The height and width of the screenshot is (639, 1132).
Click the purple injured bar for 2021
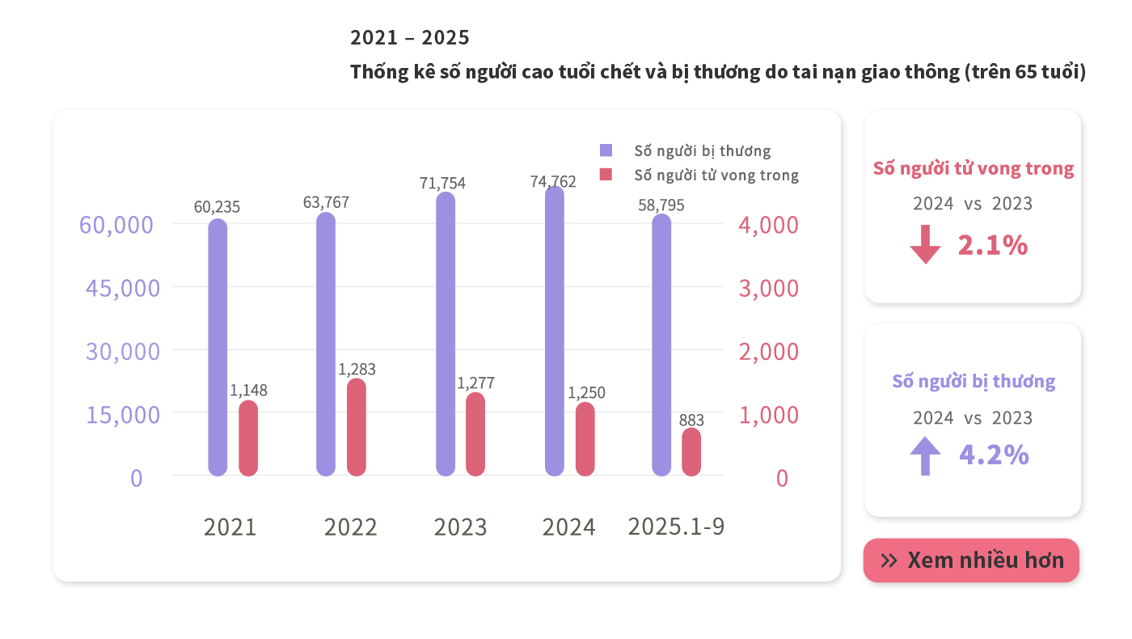(x=218, y=348)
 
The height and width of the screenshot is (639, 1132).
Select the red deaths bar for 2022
(x=357, y=427)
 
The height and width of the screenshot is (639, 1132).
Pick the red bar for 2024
(x=585, y=439)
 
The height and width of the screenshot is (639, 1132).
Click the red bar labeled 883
(x=691, y=452)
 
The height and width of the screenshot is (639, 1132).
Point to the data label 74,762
(x=553, y=182)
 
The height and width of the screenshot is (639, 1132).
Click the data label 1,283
(x=357, y=370)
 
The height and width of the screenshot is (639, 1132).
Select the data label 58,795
(x=661, y=205)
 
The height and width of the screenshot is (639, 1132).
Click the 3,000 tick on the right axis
(x=768, y=288)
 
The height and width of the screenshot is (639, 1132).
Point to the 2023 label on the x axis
(x=460, y=527)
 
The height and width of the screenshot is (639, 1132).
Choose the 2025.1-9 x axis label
(x=676, y=527)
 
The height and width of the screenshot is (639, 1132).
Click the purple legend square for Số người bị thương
(x=606, y=150)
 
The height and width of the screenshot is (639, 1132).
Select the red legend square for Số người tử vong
(x=606, y=174)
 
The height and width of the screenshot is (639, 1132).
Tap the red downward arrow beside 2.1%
(x=925, y=244)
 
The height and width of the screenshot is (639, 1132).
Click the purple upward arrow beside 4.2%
(x=925, y=455)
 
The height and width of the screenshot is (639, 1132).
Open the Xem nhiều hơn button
(x=971, y=560)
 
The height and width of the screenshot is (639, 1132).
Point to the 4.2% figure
(x=994, y=455)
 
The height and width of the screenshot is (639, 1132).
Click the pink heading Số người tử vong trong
(x=973, y=168)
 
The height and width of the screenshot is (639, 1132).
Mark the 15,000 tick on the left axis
(x=123, y=414)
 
